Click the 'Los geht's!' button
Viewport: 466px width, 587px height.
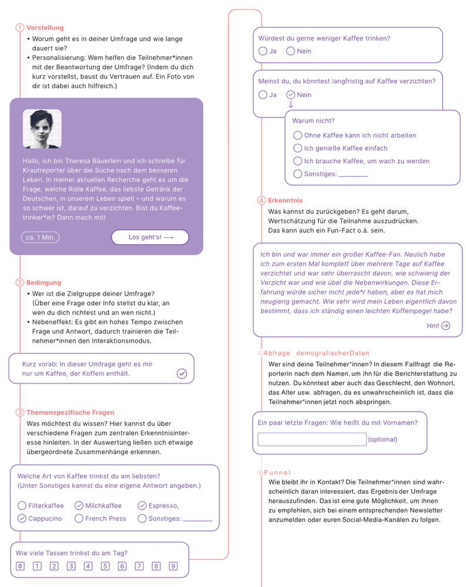150,237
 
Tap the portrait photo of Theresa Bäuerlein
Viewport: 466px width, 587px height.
42,129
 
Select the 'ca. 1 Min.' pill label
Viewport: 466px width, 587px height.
41,237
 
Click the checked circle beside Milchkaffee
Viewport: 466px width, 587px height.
79,505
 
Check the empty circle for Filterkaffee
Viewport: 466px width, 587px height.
22,505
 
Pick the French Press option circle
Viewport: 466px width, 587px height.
79,518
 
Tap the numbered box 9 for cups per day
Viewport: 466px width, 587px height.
173,566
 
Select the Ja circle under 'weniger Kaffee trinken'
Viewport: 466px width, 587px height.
263,51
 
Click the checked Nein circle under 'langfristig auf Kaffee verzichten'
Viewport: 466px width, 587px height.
290,95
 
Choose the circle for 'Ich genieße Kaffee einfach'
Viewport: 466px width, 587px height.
298,148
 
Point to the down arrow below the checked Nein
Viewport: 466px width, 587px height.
290,104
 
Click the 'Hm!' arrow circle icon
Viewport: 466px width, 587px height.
445,326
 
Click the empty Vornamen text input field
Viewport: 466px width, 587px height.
312,439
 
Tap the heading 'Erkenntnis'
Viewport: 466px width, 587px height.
285,200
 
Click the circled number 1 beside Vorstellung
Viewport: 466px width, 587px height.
20,28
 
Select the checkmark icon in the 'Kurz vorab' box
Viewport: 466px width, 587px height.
182,373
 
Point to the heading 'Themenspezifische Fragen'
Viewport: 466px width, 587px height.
71,412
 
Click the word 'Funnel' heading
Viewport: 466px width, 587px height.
277,472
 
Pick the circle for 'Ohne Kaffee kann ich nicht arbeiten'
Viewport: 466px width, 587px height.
298,135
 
